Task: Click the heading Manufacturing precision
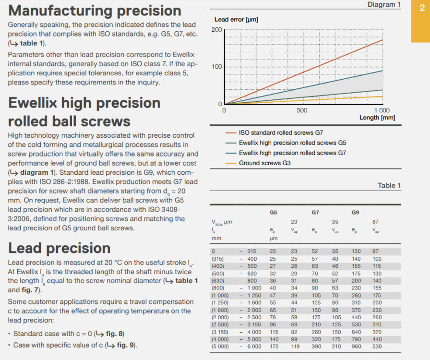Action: click(x=95, y=11)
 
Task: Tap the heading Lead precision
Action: click(x=59, y=248)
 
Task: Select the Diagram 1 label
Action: click(x=384, y=4)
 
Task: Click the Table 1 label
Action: click(x=389, y=185)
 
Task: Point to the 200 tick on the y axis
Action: click(x=216, y=30)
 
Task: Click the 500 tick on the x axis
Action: click(x=302, y=110)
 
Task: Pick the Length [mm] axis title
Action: click(x=378, y=117)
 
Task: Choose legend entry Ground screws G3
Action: click(x=264, y=163)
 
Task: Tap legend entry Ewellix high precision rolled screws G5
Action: click(x=292, y=143)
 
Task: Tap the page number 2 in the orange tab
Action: click(x=421, y=10)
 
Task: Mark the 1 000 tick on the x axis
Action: click(x=382, y=110)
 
